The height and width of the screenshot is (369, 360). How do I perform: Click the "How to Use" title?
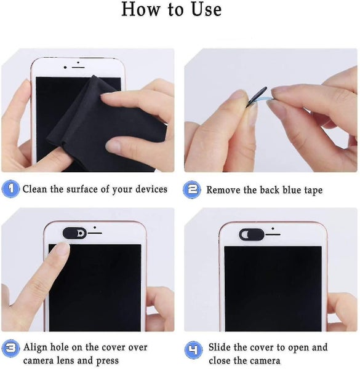point(171,9)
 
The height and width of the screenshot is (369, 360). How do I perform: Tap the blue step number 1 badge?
point(10,189)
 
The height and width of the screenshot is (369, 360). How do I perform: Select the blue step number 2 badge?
point(192,189)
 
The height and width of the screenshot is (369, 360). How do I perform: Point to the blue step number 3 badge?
point(10,348)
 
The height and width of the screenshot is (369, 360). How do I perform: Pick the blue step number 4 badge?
point(193,351)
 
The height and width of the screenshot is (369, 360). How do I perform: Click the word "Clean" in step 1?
point(35,189)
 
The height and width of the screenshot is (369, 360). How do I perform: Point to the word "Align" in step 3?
point(35,347)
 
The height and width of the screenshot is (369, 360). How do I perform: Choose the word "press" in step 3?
point(108,361)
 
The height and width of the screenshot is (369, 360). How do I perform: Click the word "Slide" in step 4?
point(220,347)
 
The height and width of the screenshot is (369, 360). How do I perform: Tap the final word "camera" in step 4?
point(265,361)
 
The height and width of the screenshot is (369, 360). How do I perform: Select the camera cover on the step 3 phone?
point(74,233)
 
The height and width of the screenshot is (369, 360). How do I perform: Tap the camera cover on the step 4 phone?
point(252,235)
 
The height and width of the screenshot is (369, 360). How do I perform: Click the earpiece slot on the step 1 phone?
point(78,68)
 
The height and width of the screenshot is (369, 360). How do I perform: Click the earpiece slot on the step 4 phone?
point(273,234)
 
